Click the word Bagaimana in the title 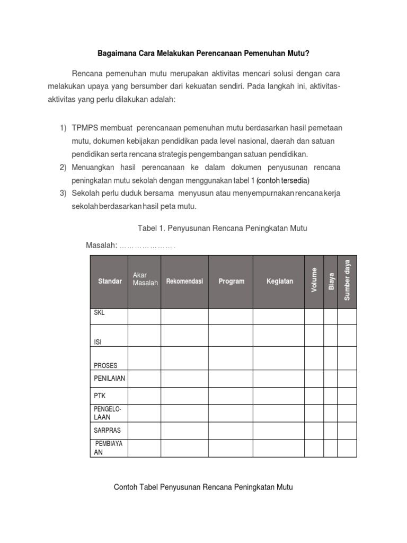tap(114, 54)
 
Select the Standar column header tap(110, 281)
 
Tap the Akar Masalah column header tap(145, 279)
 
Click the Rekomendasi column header tap(184, 281)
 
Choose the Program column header tap(231, 281)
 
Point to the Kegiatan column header tap(279, 281)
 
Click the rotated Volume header tap(314, 281)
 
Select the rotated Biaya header tap(331, 281)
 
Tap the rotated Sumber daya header tap(347, 280)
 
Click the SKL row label tap(100, 313)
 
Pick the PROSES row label tap(105, 365)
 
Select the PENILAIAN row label tap(109, 379)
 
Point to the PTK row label tap(100, 396)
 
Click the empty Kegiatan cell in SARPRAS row tap(278, 431)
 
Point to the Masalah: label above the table tap(101, 245)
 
